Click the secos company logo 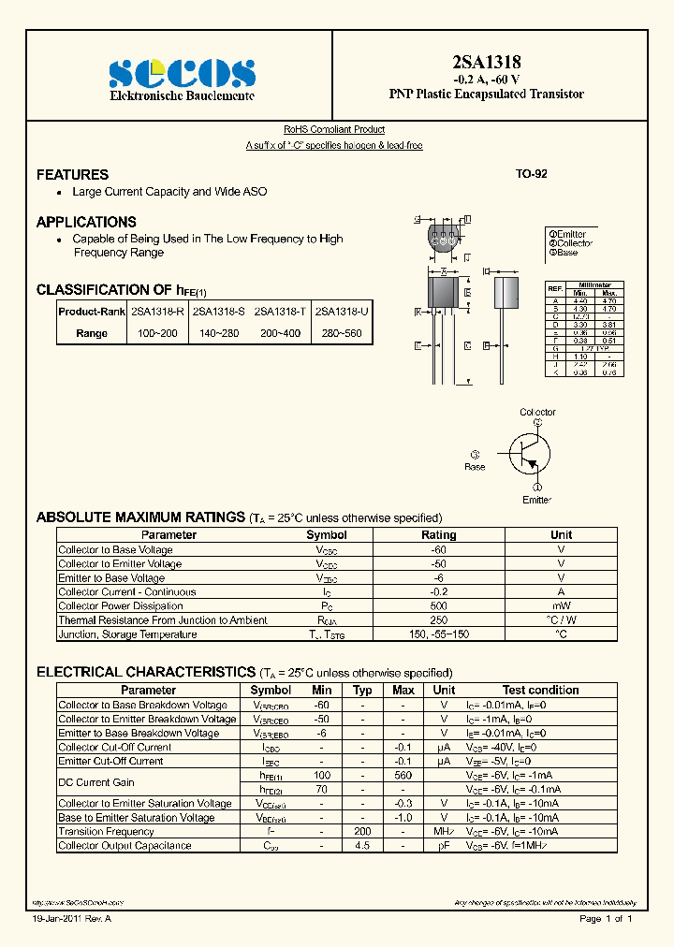182,74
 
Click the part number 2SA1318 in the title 486,62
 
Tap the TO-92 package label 531,174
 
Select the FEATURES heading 72,175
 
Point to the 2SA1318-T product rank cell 280,311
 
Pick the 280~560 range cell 341,333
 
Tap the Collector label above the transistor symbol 537,412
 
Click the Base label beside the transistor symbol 475,466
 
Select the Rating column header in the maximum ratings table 438,535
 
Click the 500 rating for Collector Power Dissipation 438,606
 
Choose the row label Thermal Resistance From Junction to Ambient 162,620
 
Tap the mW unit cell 561,606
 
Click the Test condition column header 540,691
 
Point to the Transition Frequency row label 106,832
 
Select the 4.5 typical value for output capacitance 362,846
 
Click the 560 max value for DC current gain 403,776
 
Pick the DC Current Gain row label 96,782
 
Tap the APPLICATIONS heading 86,223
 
